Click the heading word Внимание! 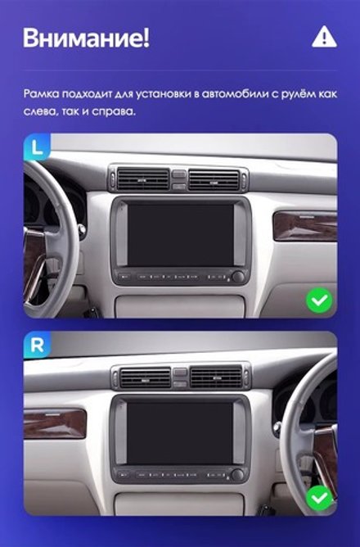coord(86,38)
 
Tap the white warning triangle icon coord(324,36)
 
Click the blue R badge coord(37,345)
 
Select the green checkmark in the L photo coord(319,301)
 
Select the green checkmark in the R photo coord(319,497)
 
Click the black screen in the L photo coord(181,233)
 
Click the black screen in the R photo coord(181,431)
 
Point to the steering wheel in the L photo coord(41,237)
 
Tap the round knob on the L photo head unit coord(238,277)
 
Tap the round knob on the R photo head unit coord(237,475)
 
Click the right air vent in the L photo coord(214,179)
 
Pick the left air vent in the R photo coord(145,377)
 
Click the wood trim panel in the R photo coord(55,423)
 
